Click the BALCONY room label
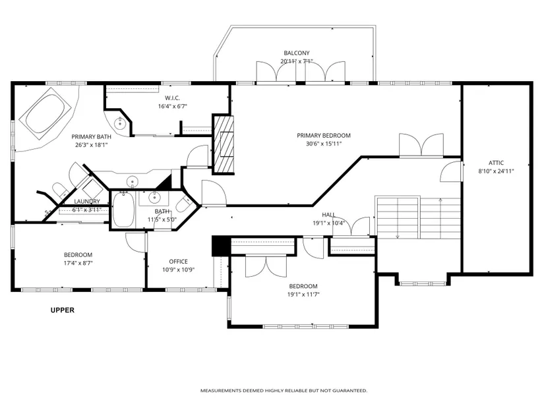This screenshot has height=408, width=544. [x=296, y=53]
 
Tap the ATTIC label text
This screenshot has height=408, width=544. [x=496, y=163]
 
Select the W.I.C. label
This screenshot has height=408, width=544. [x=172, y=98]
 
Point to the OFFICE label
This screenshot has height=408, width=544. [x=178, y=262]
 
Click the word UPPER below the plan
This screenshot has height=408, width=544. [x=63, y=310]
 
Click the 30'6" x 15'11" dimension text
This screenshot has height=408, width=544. [x=324, y=144]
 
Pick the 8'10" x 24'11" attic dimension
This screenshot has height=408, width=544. [x=496, y=171]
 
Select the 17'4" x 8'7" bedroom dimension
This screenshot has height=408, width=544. [x=78, y=263]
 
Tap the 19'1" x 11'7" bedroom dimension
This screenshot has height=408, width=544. [x=303, y=295]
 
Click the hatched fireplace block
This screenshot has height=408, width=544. [x=224, y=144]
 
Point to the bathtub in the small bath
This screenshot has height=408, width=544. [x=123, y=210]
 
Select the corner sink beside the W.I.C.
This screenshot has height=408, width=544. [x=118, y=123]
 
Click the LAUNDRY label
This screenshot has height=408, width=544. [x=87, y=202]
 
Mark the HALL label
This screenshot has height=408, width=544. [x=328, y=215]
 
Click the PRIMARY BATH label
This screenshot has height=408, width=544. [x=91, y=136]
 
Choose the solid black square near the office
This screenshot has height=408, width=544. [x=221, y=246]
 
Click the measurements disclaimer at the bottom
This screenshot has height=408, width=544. [x=284, y=391]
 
